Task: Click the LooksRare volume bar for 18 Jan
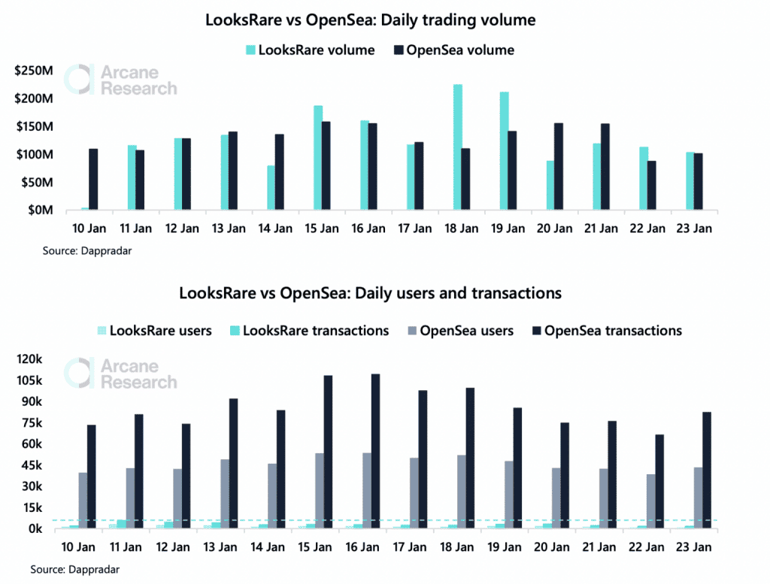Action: coord(458,147)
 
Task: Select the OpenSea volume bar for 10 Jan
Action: coord(93,180)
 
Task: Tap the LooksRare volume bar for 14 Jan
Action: coord(271,188)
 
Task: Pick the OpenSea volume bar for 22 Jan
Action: coord(652,186)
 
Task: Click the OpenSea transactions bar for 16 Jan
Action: coord(376,451)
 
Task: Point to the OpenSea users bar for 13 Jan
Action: coord(225,494)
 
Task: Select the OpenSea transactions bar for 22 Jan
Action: coord(659,482)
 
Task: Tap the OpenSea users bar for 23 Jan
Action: coord(699,498)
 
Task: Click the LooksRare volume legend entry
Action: coord(311,50)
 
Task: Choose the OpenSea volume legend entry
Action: coord(454,50)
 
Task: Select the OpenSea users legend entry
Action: coord(461,331)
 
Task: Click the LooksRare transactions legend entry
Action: coord(309,331)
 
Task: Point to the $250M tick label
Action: coord(33,71)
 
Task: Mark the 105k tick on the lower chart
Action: coord(29,380)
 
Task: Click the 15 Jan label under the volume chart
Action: coord(322,228)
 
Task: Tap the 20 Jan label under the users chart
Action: coord(551,546)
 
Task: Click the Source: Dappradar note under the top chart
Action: coord(87,251)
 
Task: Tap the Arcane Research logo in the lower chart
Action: coord(120,374)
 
